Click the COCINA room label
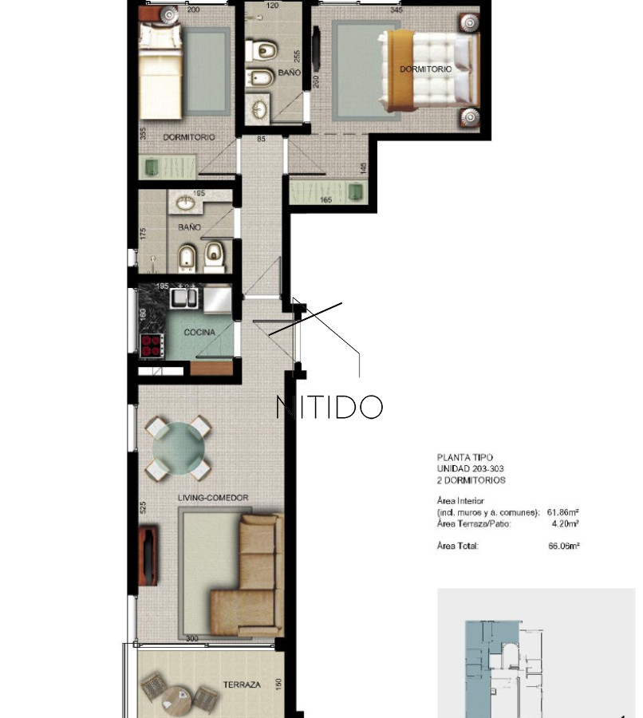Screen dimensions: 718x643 199,332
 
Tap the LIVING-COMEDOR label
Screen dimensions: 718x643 213,498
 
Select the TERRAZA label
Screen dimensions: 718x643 242,684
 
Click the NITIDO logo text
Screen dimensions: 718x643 329,407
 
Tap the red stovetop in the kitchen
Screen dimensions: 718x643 152,345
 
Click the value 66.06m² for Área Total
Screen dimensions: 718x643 564,546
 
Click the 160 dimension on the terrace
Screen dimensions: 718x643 278,684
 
